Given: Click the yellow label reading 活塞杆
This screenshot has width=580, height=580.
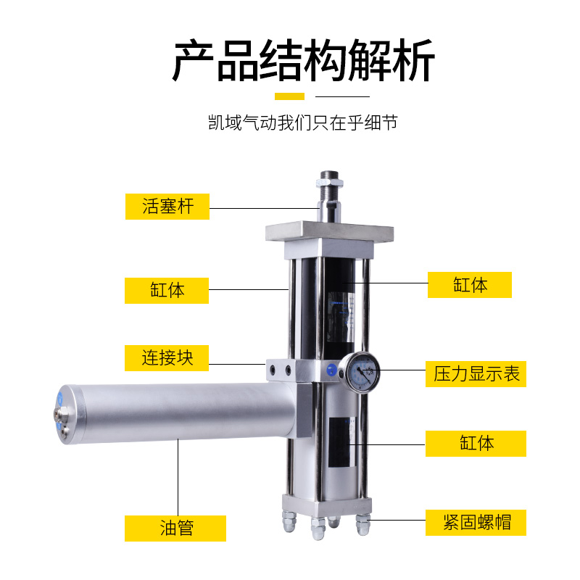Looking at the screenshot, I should tap(167, 206).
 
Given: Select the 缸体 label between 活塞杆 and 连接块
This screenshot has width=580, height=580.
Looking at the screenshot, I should tap(167, 290).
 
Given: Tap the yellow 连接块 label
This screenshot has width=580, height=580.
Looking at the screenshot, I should tap(167, 357).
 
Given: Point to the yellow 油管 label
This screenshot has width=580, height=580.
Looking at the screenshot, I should tap(175, 528).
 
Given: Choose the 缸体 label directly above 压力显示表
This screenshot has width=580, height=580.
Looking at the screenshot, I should tap(470, 285).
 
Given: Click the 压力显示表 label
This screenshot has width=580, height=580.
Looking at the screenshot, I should tap(476, 374).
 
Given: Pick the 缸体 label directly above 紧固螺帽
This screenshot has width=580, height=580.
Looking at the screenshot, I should tap(476, 443).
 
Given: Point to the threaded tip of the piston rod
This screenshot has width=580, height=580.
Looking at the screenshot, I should tap(330, 181).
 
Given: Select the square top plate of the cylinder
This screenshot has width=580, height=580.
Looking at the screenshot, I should tap(330, 234).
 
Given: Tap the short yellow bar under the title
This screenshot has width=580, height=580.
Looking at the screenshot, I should tap(290, 96).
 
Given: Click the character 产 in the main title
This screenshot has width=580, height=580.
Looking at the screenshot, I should tap(194, 62).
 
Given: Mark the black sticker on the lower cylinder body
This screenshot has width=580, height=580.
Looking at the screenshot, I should tap(341, 442).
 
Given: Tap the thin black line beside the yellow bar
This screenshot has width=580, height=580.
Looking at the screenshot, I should tap(343, 96).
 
